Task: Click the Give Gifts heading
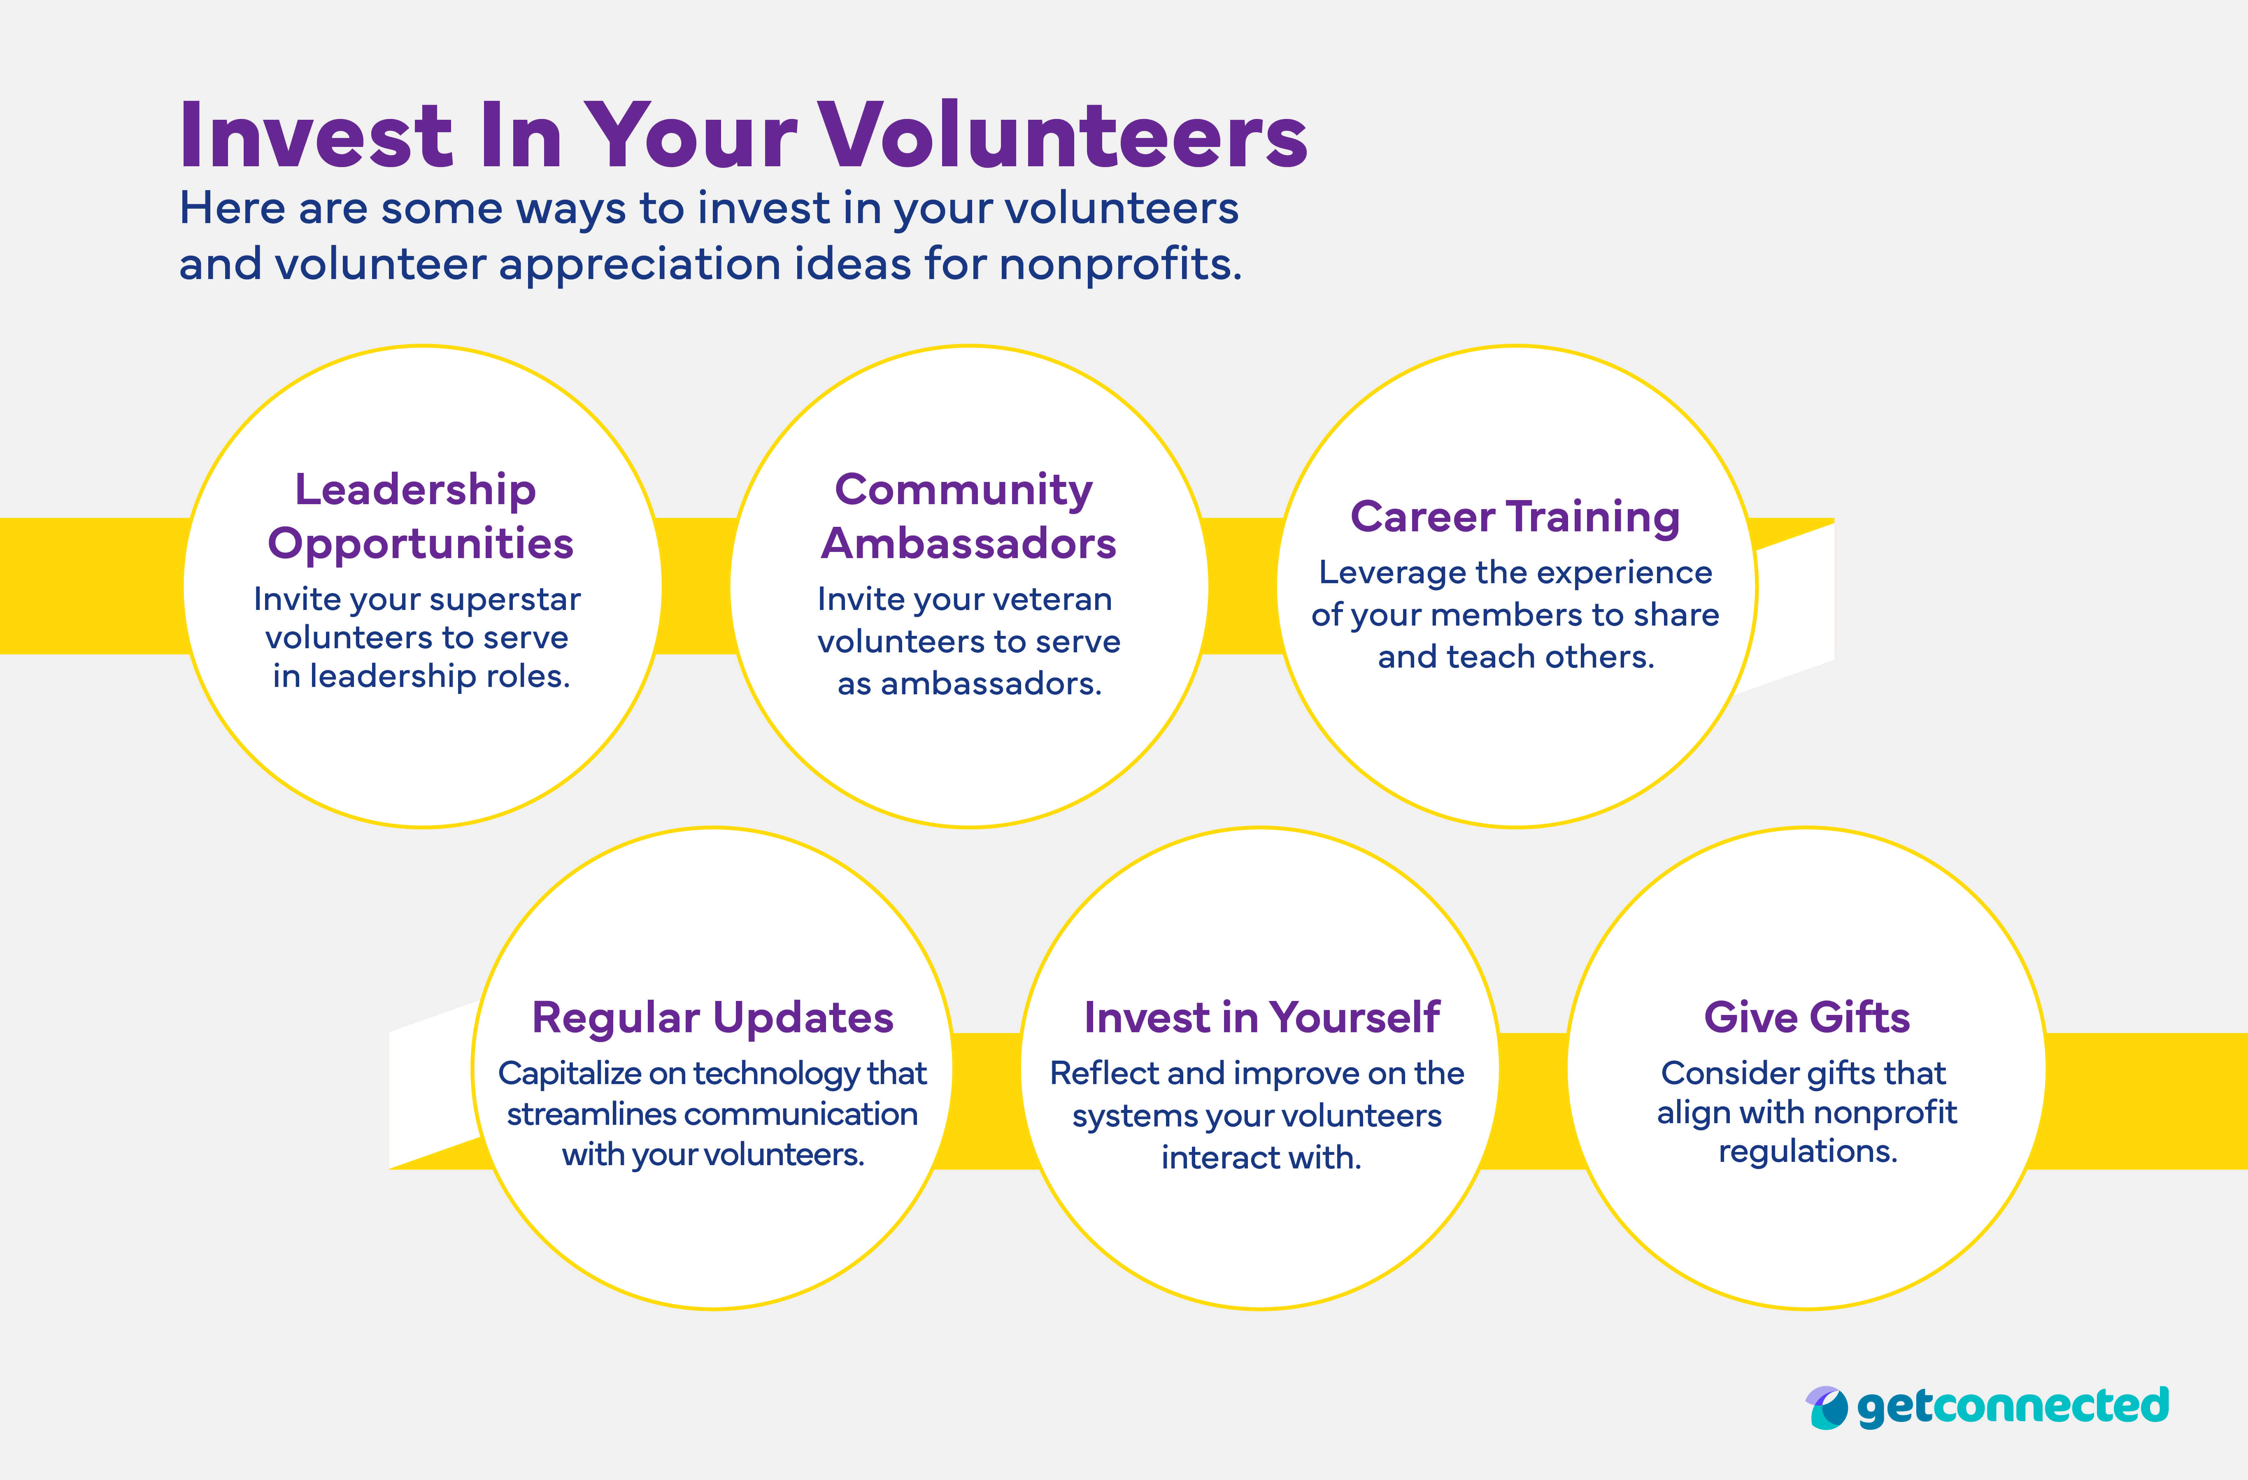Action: (x=1806, y=1017)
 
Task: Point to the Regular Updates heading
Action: (x=712, y=1017)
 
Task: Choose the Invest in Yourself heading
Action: (x=1261, y=1017)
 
